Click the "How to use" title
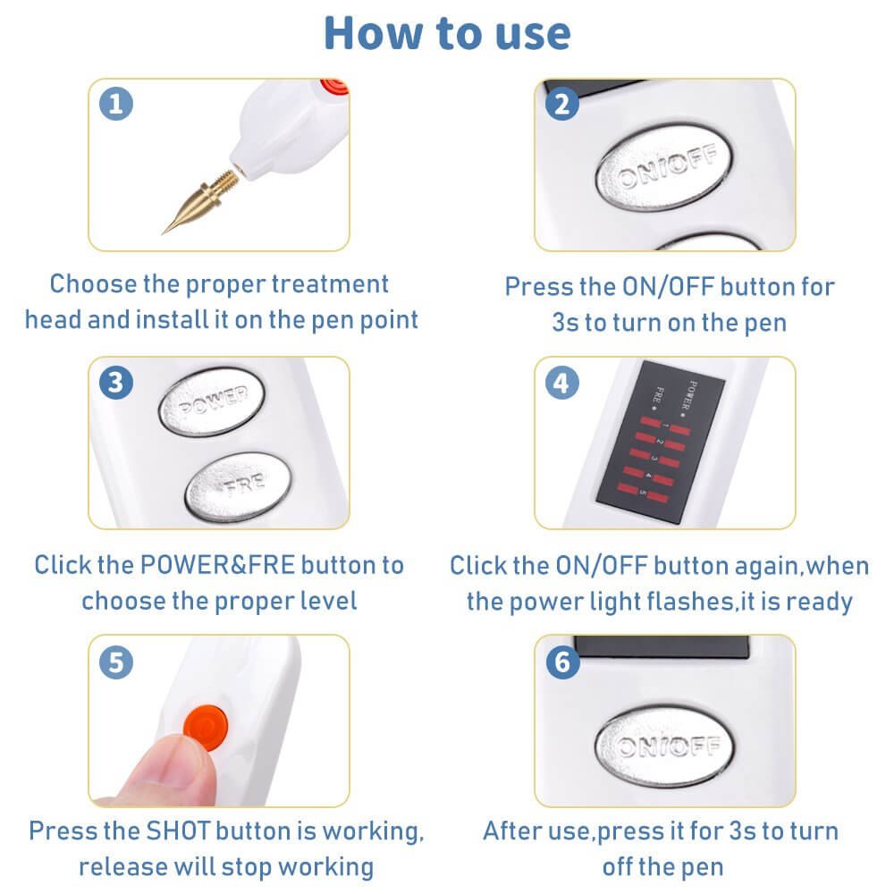[x=447, y=33]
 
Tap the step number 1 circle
[x=117, y=105]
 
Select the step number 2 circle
[x=562, y=105]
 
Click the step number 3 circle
[x=117, y=383]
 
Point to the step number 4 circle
[x=562, y=383]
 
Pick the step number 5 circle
[x=117, y=662]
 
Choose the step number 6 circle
[x=562, y=662]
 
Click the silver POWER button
[x=212, y=403]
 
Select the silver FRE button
[x=239, y=484]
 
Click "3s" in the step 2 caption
[x=565, y=322]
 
